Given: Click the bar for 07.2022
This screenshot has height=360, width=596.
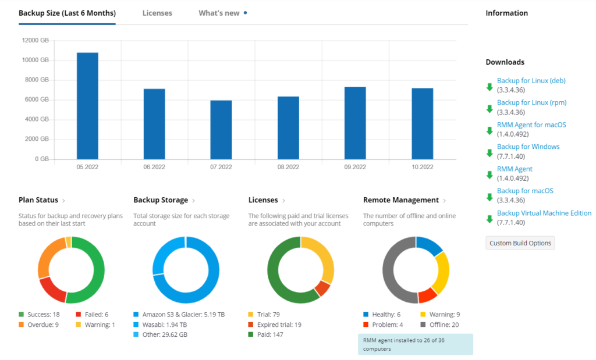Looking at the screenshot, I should click(x=221, y=130).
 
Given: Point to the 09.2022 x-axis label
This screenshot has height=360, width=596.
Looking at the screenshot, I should click(x=355, y=167).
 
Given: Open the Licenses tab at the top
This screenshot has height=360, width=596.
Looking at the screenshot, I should click(x=157, y=13).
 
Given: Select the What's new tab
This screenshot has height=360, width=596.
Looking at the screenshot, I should click(x=219, y=13).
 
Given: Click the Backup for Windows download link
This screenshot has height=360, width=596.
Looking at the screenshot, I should click(x=528, y=147).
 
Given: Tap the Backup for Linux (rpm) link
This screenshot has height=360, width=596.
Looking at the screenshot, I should click(x=531, y=102).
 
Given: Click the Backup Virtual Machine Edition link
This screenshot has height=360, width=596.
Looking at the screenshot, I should click(x=544, y=213).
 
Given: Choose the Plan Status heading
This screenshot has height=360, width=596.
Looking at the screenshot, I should click(x=38, y=200).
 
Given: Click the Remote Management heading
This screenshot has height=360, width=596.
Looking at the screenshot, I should click(x=400, y=200).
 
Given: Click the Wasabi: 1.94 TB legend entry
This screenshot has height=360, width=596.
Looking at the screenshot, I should click(x=164, y=325).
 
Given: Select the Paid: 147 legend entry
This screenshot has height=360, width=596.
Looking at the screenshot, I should click(x=270, y=334).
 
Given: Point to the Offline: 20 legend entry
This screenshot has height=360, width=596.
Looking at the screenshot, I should click(x=444, y=325).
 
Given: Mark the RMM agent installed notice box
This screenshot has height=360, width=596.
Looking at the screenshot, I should click(x=415, y=344).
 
